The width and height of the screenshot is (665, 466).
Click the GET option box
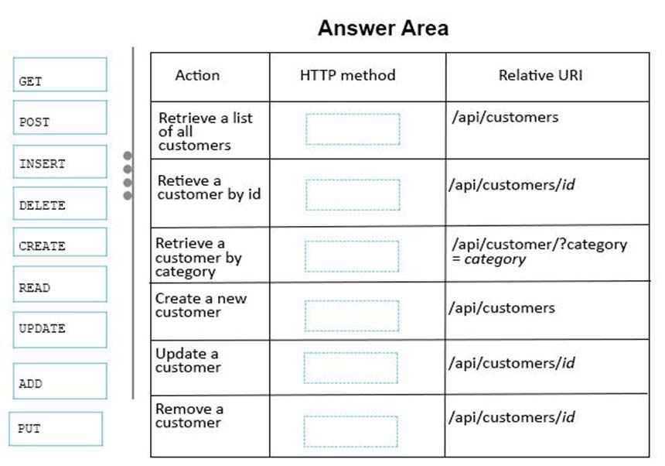coord(60,74)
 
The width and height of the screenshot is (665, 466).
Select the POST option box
coord(60,117)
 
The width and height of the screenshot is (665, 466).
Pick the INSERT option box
coord(60,162)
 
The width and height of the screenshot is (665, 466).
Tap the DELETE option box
coord(60,204)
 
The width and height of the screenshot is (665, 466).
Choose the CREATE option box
coord(60,242)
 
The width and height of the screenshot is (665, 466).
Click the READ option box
coord(60,284)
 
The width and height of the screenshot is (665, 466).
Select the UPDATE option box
coord(60,330)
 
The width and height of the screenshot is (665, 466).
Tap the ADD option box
coord(60,381)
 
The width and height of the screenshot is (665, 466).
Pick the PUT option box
coord(56,429)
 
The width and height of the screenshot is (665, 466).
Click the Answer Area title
coord(383,28)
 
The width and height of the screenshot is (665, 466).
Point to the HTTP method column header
coord(348,75)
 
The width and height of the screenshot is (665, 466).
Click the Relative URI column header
coord(541,75)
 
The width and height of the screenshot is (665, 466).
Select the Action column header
coord(197,75)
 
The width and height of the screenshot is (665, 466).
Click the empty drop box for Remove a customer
coord(351,432)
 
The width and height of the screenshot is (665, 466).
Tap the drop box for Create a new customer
coord(352,316)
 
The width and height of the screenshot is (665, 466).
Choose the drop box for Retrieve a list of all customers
coord(353,129)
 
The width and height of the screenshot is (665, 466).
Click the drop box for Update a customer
coord(351,368)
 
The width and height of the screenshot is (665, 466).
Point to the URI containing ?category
coord(540,252)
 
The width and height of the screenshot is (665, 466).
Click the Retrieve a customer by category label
coord(199,257)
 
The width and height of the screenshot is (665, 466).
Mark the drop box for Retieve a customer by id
coord(353,195)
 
